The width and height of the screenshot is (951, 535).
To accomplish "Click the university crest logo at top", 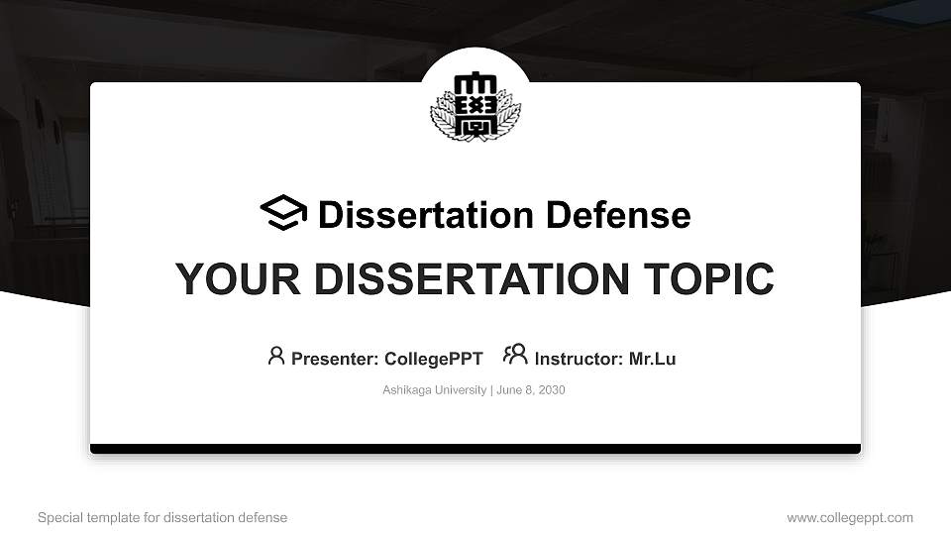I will point(475,105).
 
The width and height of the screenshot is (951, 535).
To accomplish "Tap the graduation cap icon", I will point(283,213).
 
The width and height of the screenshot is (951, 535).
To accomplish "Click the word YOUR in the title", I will point(226,279).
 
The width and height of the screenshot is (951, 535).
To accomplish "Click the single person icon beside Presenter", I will point(276,356).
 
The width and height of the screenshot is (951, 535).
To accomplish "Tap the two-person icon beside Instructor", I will point(515,355).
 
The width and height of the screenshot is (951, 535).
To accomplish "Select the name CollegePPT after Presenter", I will point(434,359).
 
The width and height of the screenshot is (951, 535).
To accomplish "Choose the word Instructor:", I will point(579,359).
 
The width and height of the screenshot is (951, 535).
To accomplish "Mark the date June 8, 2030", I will point(531,390).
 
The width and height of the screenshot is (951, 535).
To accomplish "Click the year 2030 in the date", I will point(552,390).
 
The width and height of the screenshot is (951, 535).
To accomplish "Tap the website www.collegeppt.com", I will point(850,517).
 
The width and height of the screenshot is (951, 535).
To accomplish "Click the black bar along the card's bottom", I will point(475,449).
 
